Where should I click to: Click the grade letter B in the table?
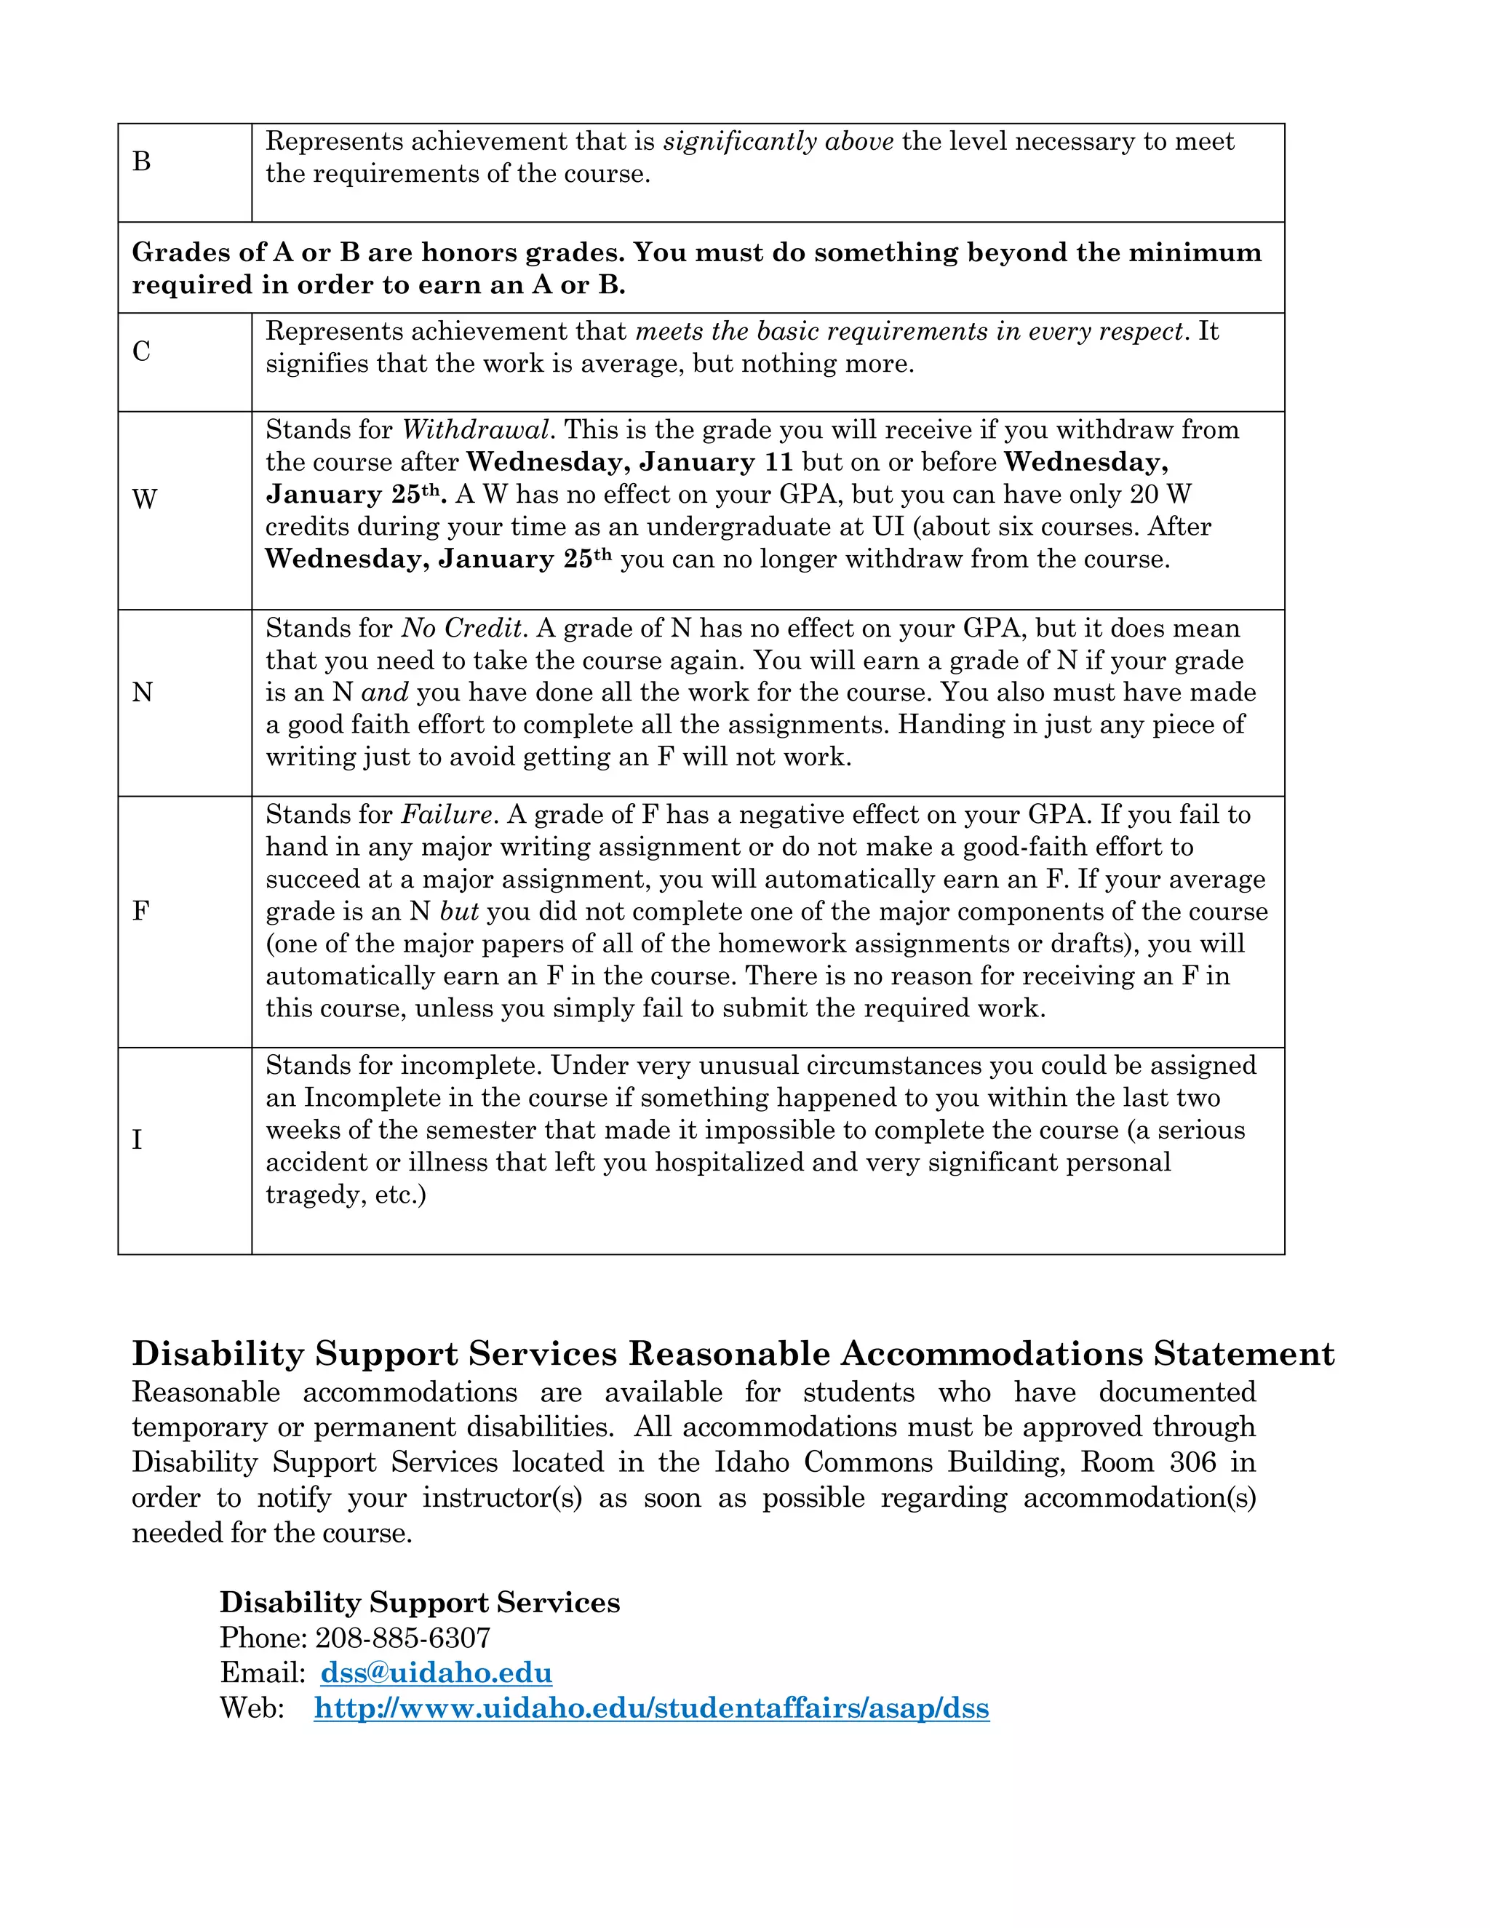141,162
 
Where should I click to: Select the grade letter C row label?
141,351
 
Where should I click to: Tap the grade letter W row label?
144,500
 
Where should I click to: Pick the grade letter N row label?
142,692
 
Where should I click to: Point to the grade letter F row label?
140,911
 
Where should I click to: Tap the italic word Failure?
447,815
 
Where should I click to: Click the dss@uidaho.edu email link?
436,1673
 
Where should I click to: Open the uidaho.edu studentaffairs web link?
651,1708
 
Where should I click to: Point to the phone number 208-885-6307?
402,1638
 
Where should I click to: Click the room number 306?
1192,1463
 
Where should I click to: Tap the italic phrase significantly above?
778,141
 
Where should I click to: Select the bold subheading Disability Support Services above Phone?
419,1602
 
